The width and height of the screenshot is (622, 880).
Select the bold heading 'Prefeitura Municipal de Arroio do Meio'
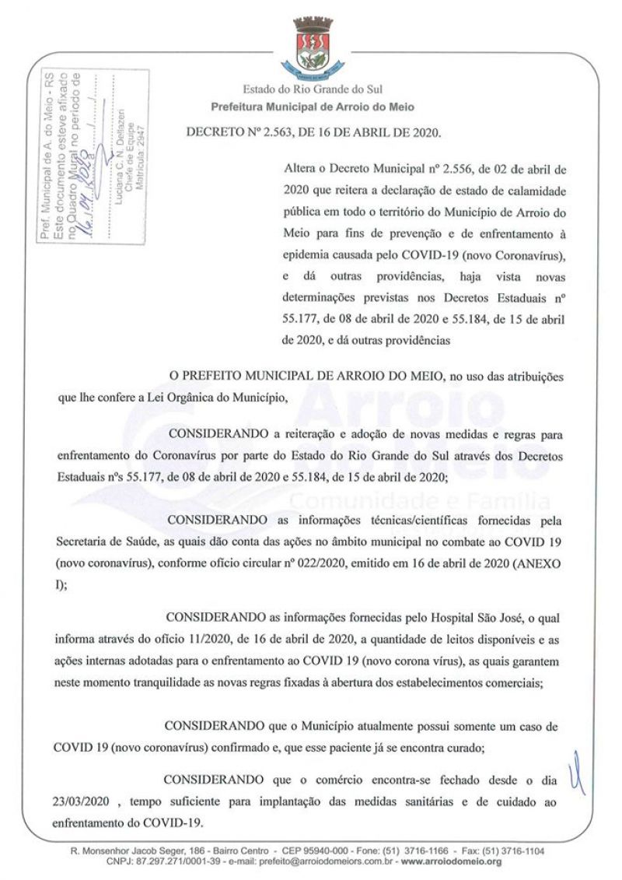313,107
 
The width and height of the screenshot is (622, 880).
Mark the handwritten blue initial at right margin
576,779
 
